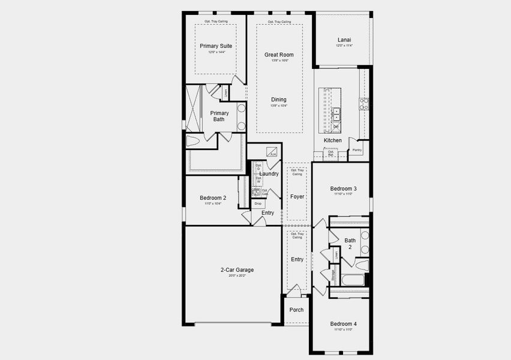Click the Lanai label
pos(344,40)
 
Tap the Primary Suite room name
pos(216,46)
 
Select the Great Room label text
pos(279,55)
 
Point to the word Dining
pos(278,100)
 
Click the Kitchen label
pos(332,140)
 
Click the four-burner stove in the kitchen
pos(363,103)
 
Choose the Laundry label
pos(269,174)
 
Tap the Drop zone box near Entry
pos(258,203)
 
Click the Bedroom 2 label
pos(213,198)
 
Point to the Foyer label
pos(297,196)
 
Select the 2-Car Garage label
pos(236,270)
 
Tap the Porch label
pos(296,310)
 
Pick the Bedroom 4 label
pos(343,324)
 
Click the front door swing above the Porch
pos(293,292)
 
